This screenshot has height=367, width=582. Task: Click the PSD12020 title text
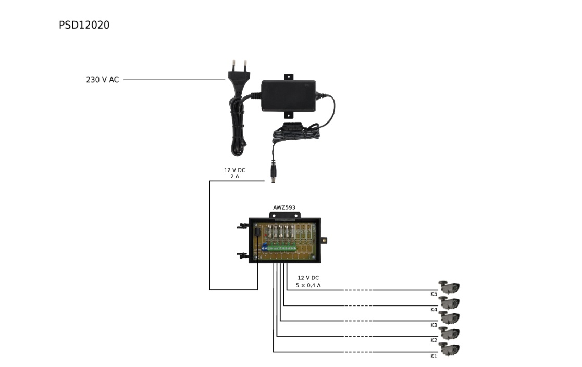[84, 25]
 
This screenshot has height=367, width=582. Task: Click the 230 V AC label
[102, 80]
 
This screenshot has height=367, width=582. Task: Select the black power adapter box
[288, 95]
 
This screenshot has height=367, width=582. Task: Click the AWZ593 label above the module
[284, 207]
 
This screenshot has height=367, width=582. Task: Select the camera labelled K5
[449, 287]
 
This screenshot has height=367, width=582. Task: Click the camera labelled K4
[449, 302]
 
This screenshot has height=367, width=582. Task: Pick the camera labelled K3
[449, 317]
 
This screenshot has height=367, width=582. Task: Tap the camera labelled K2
[449, 333]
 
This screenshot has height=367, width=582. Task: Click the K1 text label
[434, 356]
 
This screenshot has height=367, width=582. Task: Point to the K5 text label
[434, 295]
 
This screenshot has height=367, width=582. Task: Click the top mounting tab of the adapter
[288, 77]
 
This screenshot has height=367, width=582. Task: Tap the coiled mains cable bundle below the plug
[237, 125]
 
